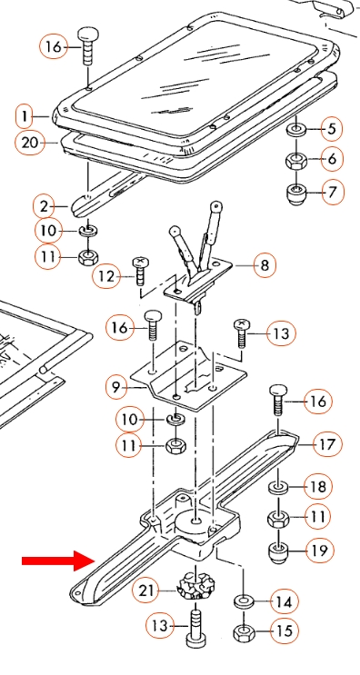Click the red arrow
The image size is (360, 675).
(x=58, y=560)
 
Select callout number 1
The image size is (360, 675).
(x=25, y=116)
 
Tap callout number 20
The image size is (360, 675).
(x=30, y=143)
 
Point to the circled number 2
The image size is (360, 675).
(x=45, y=207)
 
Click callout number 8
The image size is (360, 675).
(x=265, y=264)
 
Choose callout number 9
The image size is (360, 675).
(x=116, y=388)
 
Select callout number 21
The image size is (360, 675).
(x=147, y=591)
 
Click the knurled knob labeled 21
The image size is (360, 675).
(x=196, y=585)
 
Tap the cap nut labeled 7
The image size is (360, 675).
(x=297, y=194)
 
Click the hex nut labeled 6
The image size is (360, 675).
(x=296, y=162)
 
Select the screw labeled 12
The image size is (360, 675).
(x=139, y=271)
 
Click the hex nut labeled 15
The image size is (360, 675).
(x=245, y=632)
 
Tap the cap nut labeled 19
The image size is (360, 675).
(x=278, y=552)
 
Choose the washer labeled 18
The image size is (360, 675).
(x=278, y=488)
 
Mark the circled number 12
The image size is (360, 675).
(x=106, y=276)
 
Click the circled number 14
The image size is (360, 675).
(x=285, y=601)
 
